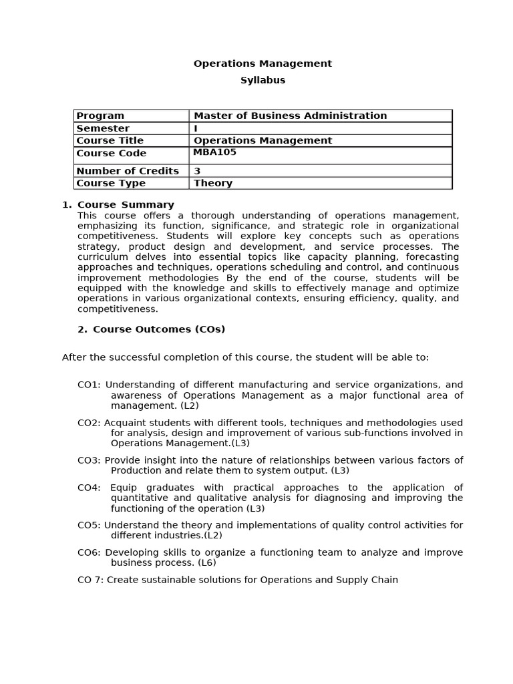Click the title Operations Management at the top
(x=263, y=64)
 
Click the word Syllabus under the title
(x=263, y=80)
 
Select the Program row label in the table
(x=100, y=116)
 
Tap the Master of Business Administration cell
(x=290, y=116)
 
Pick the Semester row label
(x=103, y=128)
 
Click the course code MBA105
(x=214, y=152)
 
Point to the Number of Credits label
(x=128, y=171)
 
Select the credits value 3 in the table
(x=197, y=171)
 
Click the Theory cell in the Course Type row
(x=213, y=183)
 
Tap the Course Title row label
(x=110, y=140)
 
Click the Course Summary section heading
(x=126, y=205)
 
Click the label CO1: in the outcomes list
(x=90, y=385)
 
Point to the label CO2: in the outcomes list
(x=90, y=423)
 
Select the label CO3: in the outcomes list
(x=90, y=460)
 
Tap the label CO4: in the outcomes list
(x=90, y=488)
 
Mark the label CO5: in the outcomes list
(x=90, y=525)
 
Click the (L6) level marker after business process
(x=206, y=562)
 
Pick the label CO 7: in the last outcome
(x=91, y=580)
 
